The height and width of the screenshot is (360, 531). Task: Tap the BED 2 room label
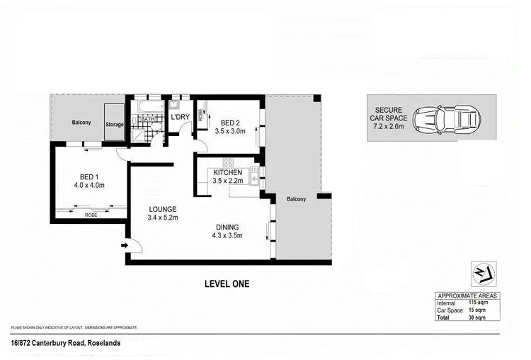229,121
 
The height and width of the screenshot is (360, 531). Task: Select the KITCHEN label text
227,172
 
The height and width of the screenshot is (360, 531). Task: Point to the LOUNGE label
161,209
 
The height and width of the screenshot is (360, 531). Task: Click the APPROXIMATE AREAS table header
467,296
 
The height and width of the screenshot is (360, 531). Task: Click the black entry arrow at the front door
126,245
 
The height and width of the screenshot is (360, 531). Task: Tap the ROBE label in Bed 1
91,214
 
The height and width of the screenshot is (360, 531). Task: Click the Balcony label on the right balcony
296,199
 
